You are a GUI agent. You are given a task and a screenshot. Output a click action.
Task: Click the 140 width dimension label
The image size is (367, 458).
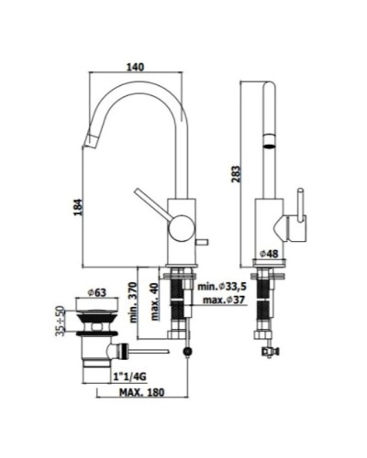tap(135, 67)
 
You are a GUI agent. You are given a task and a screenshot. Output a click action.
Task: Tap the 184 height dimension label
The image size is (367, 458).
tap(78, 207)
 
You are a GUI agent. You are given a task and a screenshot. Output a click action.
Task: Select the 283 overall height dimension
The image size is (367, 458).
tap(236, 174)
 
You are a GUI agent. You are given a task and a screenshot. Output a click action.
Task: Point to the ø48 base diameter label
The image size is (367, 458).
tap(269, 254)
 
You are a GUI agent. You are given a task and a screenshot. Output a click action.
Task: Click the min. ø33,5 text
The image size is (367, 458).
tap(222, 287)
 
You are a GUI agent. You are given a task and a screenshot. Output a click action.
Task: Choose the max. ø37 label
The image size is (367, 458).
tap(224, 300)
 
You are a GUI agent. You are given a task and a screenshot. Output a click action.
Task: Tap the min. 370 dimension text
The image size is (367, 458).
tap(134, 302)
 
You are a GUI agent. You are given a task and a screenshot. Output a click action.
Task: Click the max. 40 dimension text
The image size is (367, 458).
tap(155, 301)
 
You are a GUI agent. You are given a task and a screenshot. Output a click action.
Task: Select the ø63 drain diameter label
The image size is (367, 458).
tap(97, 293)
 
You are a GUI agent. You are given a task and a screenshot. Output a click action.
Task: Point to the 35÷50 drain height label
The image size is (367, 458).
tap(61, 321)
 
